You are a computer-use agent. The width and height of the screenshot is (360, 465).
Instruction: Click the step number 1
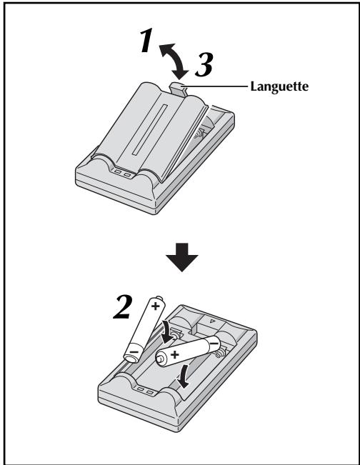point(146,40)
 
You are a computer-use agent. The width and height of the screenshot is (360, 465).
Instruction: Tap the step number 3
point(204,64)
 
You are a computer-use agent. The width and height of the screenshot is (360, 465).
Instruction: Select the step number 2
point(122,307)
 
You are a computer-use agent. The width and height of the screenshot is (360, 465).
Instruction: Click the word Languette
point(279,86)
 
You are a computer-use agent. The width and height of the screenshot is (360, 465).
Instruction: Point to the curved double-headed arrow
point(175,59)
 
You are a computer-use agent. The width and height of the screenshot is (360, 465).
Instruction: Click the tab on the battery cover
point(178,89)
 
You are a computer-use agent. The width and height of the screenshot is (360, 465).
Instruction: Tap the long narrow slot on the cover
point(149,129)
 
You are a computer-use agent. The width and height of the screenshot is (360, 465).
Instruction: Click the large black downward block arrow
point(181,257)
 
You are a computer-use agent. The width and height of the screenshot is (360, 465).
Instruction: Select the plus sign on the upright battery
point(156,306)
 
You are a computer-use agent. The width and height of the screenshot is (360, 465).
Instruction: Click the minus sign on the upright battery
point(134,351)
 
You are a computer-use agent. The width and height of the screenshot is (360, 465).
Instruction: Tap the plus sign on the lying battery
point(175,354)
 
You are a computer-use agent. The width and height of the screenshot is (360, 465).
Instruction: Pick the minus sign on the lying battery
point(214,344)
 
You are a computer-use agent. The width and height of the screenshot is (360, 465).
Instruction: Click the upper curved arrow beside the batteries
point(166,331)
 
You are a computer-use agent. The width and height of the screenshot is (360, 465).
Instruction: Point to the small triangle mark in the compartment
point(211,321)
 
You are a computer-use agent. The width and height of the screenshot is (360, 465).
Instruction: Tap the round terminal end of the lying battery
point(161,359)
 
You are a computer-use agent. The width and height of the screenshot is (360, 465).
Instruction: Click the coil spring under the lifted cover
point(199,134)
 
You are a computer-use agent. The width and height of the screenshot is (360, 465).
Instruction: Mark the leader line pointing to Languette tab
point(215,86)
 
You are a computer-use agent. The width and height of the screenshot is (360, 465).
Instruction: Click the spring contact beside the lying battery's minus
point(221,353)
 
